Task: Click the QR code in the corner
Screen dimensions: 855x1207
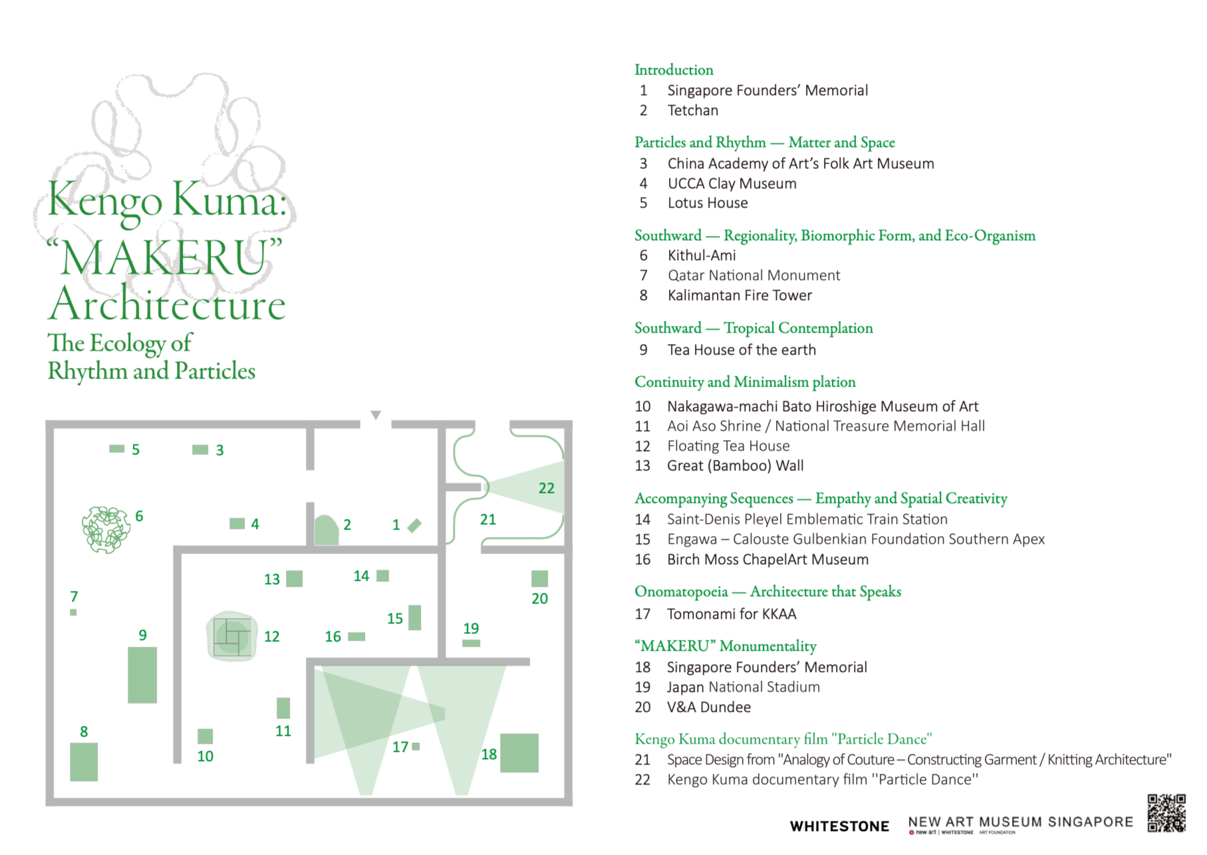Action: click(x=1166, y=812)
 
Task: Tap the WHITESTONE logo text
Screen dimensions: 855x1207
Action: click(x=839, y=826)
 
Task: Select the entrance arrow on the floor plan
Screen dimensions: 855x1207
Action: click(x=376, y=415)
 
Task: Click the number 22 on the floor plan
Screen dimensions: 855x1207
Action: click(x=546, y=488)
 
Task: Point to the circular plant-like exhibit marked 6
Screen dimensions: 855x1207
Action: click(x=105, y=530)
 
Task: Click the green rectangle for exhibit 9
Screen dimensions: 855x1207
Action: click(x=142, y=675)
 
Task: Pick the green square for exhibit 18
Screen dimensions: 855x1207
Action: click(x=519, y=753)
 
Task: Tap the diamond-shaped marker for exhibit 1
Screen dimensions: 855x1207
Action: click(x=414, y=526)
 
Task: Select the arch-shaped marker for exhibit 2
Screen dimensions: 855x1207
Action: click(x=326, y=531)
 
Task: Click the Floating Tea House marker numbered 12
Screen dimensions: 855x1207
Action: click(x=231, y=636)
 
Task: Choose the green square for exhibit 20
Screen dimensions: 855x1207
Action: click(x=539, y=578)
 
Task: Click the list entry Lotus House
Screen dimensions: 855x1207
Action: click(x=707, y=203)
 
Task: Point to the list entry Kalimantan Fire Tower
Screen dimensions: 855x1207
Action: click(x=739, y=295)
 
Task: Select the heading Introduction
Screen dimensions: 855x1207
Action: click(x=674, y=70)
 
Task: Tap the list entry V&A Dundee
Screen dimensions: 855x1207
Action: click(x=709, y=707)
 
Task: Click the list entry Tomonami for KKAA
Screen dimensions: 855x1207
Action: click(x=732, y=614)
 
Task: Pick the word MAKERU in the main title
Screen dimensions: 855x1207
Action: click(x=164, y=257)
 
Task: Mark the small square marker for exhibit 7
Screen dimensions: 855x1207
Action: click(x=73, y=612)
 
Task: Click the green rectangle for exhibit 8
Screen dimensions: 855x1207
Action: click(x=84, y=762)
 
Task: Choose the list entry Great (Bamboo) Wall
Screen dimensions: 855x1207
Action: click(x=735, y=466)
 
